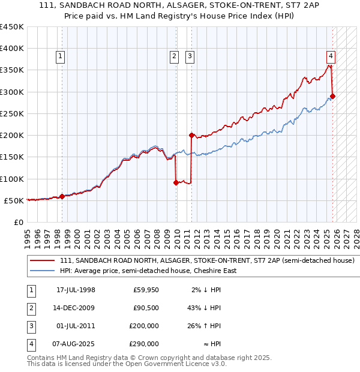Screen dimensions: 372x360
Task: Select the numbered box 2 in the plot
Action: point(174,57)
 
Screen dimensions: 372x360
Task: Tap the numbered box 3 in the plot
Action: point(190,57)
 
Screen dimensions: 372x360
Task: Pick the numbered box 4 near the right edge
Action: point(331,57)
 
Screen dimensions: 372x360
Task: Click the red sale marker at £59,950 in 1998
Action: point(62,196)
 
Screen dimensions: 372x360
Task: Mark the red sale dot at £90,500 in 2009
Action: point(176,183)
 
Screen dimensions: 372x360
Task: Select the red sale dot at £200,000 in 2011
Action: point(191,135)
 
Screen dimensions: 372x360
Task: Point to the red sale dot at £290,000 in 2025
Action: point(333,96)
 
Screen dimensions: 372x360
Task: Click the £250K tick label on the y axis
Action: point(12,113)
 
